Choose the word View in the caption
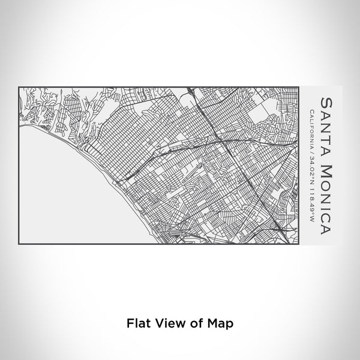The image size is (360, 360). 167,322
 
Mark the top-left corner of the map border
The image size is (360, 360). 19,86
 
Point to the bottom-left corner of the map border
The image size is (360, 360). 19,243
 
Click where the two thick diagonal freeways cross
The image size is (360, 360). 219,139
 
